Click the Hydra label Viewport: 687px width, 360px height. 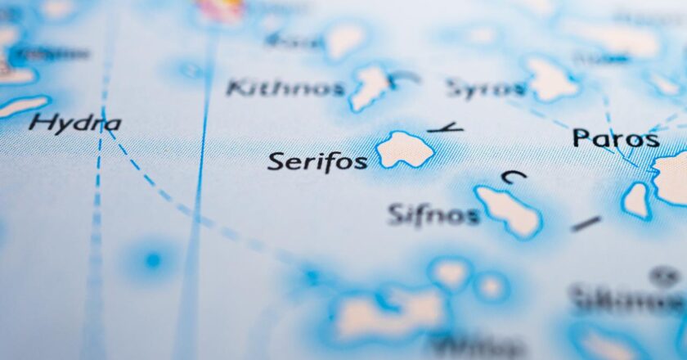point(74,124)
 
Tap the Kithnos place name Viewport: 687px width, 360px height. point(285,88)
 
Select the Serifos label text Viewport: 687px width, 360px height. point(317,160)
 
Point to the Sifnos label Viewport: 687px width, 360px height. point(433,215)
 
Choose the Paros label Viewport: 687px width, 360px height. point(615,138)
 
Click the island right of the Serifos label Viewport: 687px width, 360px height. point(404,150)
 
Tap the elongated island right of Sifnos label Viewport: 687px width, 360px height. point(509,211)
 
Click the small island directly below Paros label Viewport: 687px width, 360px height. point(635,200)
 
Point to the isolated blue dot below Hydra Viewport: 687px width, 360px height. point(152,261)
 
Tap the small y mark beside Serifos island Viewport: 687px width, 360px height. point(446,128)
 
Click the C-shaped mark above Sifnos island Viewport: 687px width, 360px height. point(514,174)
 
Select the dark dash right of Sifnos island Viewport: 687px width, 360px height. point(586,223)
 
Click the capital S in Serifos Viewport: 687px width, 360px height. point(276,160)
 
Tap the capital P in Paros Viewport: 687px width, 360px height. point(581,137)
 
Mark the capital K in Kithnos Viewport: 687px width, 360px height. point(236,87)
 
